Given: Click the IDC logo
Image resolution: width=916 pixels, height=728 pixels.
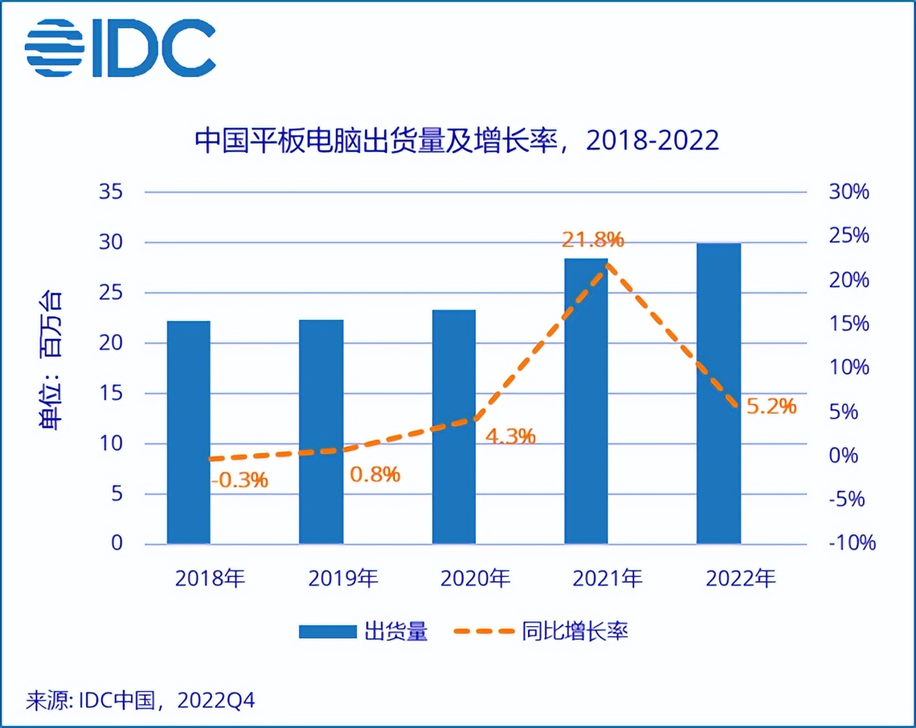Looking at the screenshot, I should (x=120, y=48).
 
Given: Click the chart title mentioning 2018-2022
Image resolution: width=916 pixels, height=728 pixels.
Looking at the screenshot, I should (x=457, y=140).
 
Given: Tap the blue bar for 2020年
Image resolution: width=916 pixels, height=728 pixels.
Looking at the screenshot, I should (x=453, y=427).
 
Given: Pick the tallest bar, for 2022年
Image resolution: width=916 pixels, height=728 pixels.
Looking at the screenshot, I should (x=718, y=394).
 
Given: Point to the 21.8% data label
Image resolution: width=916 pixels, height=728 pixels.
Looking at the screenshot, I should (x=593, y=239).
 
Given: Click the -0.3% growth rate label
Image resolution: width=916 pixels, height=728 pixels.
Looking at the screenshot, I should (x=240, y=480).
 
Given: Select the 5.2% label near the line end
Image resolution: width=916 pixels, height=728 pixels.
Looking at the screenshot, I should (x=771, y=406).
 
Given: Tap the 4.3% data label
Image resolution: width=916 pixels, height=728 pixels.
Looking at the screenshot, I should (x=510, y=436).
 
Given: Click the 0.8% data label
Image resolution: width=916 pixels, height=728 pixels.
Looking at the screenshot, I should (x=375, y=475).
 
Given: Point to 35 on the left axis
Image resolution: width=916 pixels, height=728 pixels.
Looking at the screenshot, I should (x=111, y=192).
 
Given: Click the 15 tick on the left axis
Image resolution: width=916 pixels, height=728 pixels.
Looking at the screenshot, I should (x=111, y=393).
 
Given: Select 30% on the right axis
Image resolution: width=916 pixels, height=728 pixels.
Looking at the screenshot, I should (x=848, y=192).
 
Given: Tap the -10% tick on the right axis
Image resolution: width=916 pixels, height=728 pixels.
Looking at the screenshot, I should (x=852, y=543).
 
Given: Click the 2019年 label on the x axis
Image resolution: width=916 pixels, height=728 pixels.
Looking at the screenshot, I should (x=343, y=578).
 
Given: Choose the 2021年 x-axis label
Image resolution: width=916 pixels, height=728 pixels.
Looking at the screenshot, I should (x=607, y=578).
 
